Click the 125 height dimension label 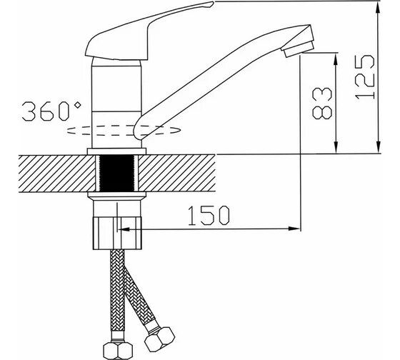point(365,77)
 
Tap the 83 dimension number point(322,104)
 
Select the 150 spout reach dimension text point(209,216)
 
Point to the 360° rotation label point(51,111)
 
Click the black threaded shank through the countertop point(117,174)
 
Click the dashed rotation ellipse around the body point(124,130)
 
